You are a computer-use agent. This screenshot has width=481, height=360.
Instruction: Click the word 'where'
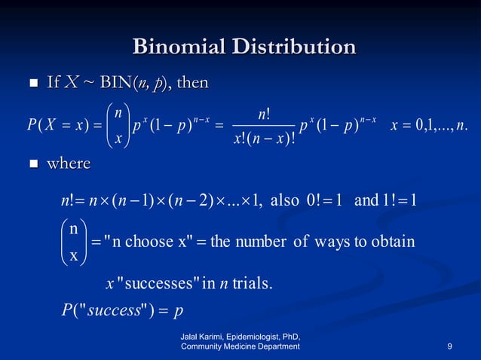tap(69, 163)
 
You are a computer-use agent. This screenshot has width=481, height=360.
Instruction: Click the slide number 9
tap(449, 346)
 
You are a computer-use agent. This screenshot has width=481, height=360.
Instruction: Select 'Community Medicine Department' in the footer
tap(240, 346)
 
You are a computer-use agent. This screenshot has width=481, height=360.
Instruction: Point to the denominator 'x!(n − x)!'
tap(264, 139)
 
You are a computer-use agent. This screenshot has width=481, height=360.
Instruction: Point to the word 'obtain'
tap(393, 242)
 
